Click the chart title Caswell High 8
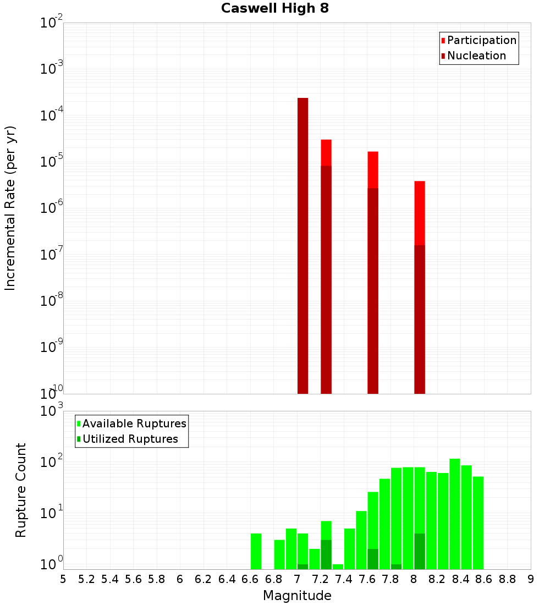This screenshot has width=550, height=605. (275, 9)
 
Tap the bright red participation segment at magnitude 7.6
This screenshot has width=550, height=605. (373, 169)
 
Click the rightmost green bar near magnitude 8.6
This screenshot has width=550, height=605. (478, 522)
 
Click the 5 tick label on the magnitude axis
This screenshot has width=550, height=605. (63, 579)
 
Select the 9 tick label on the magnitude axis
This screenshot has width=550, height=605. (531, 579)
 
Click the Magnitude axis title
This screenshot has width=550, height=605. (297, 596)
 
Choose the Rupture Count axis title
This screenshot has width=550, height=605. (21, 490)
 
